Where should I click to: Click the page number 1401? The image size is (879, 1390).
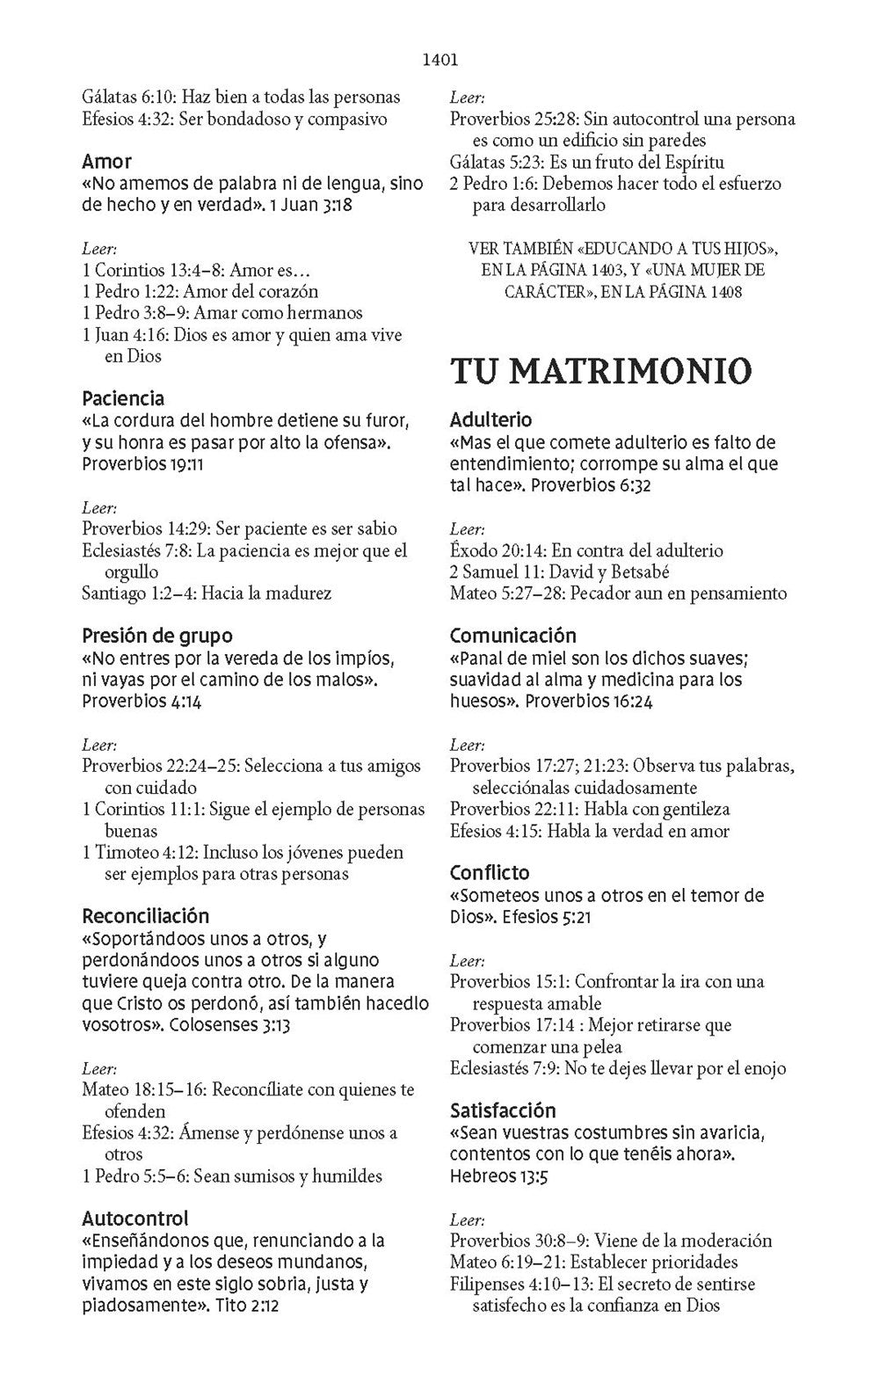tap(440, 61)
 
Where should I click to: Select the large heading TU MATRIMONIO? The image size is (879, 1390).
tap(600, 371)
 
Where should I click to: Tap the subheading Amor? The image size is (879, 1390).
tap(106, 162)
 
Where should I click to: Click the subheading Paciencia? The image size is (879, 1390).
tap(123, 399)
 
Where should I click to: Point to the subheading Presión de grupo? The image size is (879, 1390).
tap(156, 636)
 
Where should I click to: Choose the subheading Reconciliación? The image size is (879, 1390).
tap(145, 916)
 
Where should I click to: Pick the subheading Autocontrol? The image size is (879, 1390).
tap(134, 1219)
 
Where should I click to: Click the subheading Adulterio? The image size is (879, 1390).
tap(490, 420)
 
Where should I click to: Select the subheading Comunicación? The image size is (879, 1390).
tap(512, 636)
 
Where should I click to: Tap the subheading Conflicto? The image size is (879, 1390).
tap(490, 873)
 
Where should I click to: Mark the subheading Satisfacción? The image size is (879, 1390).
tap(502, 1110)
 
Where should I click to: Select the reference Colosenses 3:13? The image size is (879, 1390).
tap(229, 1025)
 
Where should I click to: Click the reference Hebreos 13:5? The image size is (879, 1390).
tap(498, 1176)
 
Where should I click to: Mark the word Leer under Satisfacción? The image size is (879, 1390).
tap(467, 1220)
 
